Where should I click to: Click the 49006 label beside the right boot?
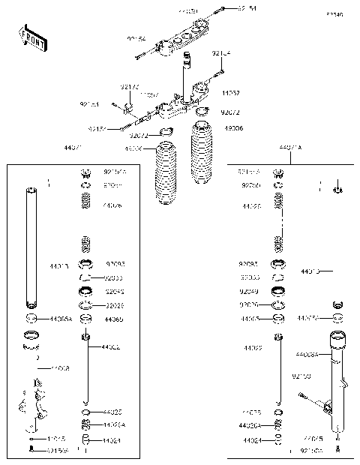[233, 128]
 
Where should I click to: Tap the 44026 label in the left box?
[112, 205]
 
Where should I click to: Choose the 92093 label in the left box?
[115, 263]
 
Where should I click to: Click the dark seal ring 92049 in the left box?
[86, 291]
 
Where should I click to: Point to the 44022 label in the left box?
[111, 347]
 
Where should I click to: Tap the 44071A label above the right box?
[289, 148]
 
